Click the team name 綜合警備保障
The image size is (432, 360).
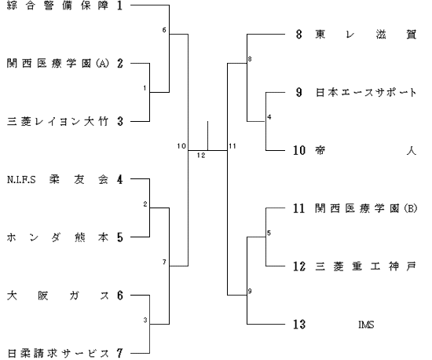[x=57, y=6]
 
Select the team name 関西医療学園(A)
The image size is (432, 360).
[x=58, y=64]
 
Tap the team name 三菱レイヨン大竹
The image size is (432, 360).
[x=57, y=122]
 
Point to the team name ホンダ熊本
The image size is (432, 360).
[x=57, y=237]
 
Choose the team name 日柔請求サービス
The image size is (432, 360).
[x=57, y=354]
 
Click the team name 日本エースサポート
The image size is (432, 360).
[x=366, y=92]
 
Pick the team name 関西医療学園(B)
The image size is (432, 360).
[x=366, y=208]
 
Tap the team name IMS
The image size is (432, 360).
[x=366, y=325]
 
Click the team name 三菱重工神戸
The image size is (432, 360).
[x=366, y=266]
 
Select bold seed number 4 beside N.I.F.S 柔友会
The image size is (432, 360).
[x=119, y=179]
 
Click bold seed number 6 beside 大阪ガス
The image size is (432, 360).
[x=119, y=296]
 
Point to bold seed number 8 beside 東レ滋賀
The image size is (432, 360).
[x=299, y=35]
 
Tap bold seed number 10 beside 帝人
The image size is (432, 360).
[x=299, y=150]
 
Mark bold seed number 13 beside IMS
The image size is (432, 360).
[x=299, y=325]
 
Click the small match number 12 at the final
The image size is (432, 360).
[x=201, y=156]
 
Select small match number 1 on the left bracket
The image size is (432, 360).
[x=145, y=88]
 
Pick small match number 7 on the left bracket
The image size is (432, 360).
[x=164, y=263]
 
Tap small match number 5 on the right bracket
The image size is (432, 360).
[x=269, y=233]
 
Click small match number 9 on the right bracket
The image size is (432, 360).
[x=250, y=291]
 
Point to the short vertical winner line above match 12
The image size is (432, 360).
[x=207, y=136]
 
